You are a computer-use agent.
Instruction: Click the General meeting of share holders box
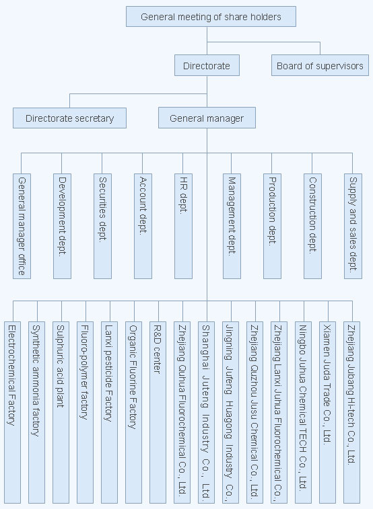click(x=211, y=17)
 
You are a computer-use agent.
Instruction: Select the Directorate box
click(x=207, y=65)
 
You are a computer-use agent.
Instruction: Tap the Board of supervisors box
click(x=320, y=65)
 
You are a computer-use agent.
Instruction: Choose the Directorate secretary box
click(x=69, y=118)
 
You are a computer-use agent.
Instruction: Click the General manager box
click(x=207, y=118)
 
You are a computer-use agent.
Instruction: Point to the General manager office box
click(x=22, y=226)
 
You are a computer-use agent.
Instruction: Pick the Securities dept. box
click(x=102, y=226)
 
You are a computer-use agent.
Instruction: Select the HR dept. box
click(x=183, y=226)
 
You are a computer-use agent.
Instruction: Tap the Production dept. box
click(x=272, y=226)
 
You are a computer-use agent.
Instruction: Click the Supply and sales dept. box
click(x=353, y=226)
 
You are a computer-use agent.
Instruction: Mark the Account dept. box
click(x=143, y=226)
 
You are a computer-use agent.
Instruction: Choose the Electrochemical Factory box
click(x=12, y=413)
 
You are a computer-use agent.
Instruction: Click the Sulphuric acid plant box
click(x=61, y=413)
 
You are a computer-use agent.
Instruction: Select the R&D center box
click(x=158, y=413)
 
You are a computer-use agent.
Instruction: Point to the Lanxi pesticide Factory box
click(x=110, y=413)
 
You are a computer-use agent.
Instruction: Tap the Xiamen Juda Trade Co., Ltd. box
click(x=327, y=413)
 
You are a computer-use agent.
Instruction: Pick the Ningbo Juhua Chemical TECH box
click(x=303, y=413)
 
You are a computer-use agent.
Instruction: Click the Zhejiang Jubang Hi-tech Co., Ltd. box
click(x=351, y=413)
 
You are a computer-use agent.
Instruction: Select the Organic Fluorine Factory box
click(x=133, y=413)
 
